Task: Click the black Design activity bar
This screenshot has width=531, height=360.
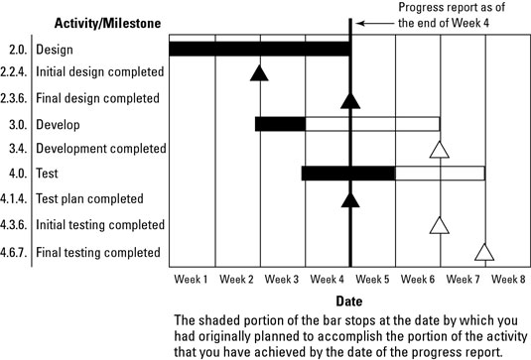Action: click(258, 49)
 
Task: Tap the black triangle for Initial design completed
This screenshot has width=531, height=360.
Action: click(259, 72)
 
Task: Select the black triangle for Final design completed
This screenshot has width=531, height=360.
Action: click(349, 98)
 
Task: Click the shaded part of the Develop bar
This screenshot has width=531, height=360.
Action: click(280, 124)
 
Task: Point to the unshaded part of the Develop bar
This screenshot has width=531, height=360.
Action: click(372, 124)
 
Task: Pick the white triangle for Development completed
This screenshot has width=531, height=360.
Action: click(440, 150)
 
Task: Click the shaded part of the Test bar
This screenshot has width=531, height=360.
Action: click(347, 174)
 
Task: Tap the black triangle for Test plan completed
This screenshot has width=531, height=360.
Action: click(349, 200)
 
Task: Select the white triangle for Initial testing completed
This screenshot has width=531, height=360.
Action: click(440, 225)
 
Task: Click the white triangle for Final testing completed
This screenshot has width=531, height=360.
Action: click(484, 252)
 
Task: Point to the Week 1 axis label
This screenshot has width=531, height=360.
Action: click(192, 280)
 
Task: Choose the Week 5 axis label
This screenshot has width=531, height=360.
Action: click(372, 280)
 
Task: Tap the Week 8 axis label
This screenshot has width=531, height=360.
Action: click(507, 280)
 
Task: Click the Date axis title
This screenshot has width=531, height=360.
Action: click(348, 300)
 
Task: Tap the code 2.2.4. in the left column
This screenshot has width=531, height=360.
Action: click(16, 72)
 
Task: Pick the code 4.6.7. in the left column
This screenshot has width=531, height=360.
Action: click(16, 252)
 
